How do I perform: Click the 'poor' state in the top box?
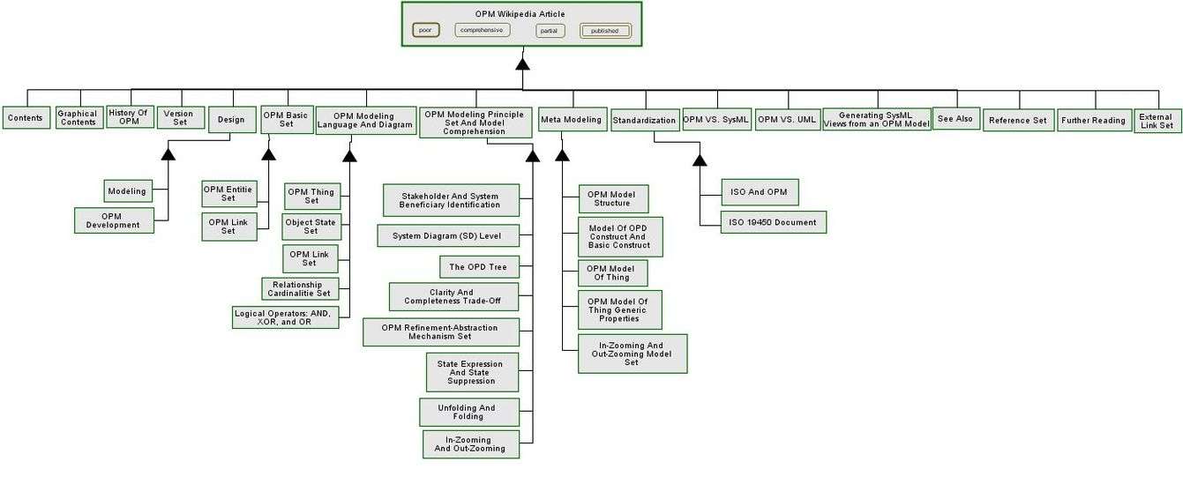(425, 30)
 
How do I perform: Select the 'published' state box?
(605, 31)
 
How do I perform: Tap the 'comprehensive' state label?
(482, 30)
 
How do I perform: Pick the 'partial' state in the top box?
(550, 31)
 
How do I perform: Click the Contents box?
(26, 118)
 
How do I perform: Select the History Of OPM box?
(130, 116)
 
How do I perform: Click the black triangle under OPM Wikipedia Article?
(522, 63)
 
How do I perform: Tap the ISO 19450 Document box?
(773, 222)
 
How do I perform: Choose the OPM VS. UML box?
(787, 119)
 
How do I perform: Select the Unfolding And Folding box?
(467, 412)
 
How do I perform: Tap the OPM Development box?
(113, 220)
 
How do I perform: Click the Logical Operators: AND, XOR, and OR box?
(285, 317)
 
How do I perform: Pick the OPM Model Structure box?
(612, 198)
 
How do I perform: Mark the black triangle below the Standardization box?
(700, 160)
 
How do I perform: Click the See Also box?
(955, 119)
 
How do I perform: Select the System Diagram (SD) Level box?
(447, 235)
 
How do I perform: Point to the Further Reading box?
(1092, 121)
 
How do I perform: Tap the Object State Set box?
(311, 227)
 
